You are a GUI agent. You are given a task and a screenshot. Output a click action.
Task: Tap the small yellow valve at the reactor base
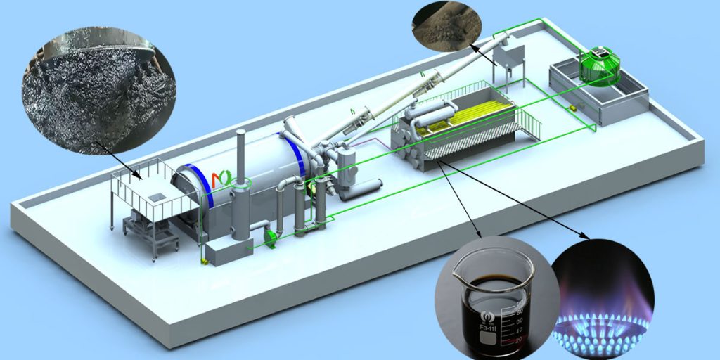pos(204,262)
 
